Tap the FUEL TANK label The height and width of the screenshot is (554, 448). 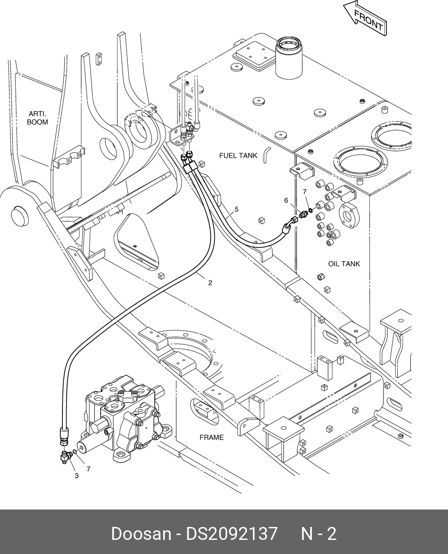pos(238,156)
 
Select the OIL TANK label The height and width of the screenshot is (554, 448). pos(344,264)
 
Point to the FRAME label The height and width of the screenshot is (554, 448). pos(212,437)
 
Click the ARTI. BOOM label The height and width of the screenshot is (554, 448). pos(37,118)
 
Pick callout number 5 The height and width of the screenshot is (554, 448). pos(236,209)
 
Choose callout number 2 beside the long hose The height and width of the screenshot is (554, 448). pos(210,283)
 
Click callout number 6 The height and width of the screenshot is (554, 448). pos(286,200)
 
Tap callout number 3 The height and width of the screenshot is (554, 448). pos(77,476)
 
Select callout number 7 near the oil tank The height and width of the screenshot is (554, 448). pos(305,192)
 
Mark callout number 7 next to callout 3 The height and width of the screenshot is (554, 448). pos(88,469)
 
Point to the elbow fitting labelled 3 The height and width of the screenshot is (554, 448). pos(65,457)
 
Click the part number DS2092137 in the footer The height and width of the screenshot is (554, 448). pos(231,533)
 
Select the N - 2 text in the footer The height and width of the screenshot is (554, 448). pos(319,533)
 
